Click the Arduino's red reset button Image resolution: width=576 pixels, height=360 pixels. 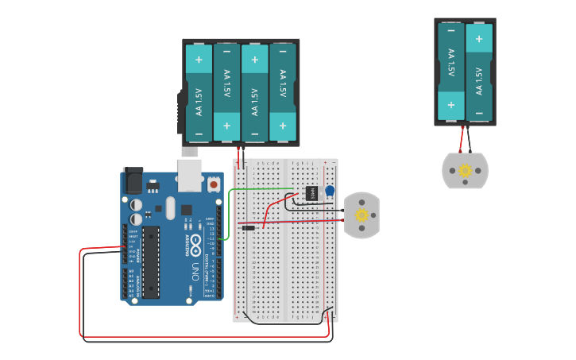(213, 184)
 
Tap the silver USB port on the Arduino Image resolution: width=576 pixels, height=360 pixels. (189, 175)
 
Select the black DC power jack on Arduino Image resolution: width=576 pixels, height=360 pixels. (133, 182)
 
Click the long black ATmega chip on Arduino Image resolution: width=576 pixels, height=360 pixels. (151, 261)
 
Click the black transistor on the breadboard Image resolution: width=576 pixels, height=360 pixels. (311, 192)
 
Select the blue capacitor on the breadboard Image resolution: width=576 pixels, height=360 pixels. (330, 191)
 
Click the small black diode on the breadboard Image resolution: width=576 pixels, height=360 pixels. (249, 228)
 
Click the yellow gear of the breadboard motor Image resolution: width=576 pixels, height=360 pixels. (361, 215)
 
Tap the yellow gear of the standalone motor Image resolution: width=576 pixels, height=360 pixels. (466, 170)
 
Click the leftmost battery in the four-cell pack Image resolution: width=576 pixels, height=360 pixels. (199, 92)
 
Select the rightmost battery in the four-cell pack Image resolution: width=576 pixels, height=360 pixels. (282, 92)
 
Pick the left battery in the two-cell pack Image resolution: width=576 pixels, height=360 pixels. (451, 71)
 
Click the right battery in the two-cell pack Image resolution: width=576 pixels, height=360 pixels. (478, 71)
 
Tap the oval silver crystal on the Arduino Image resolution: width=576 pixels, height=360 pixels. (170, 208)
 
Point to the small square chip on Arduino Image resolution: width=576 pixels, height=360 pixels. (186, 210)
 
